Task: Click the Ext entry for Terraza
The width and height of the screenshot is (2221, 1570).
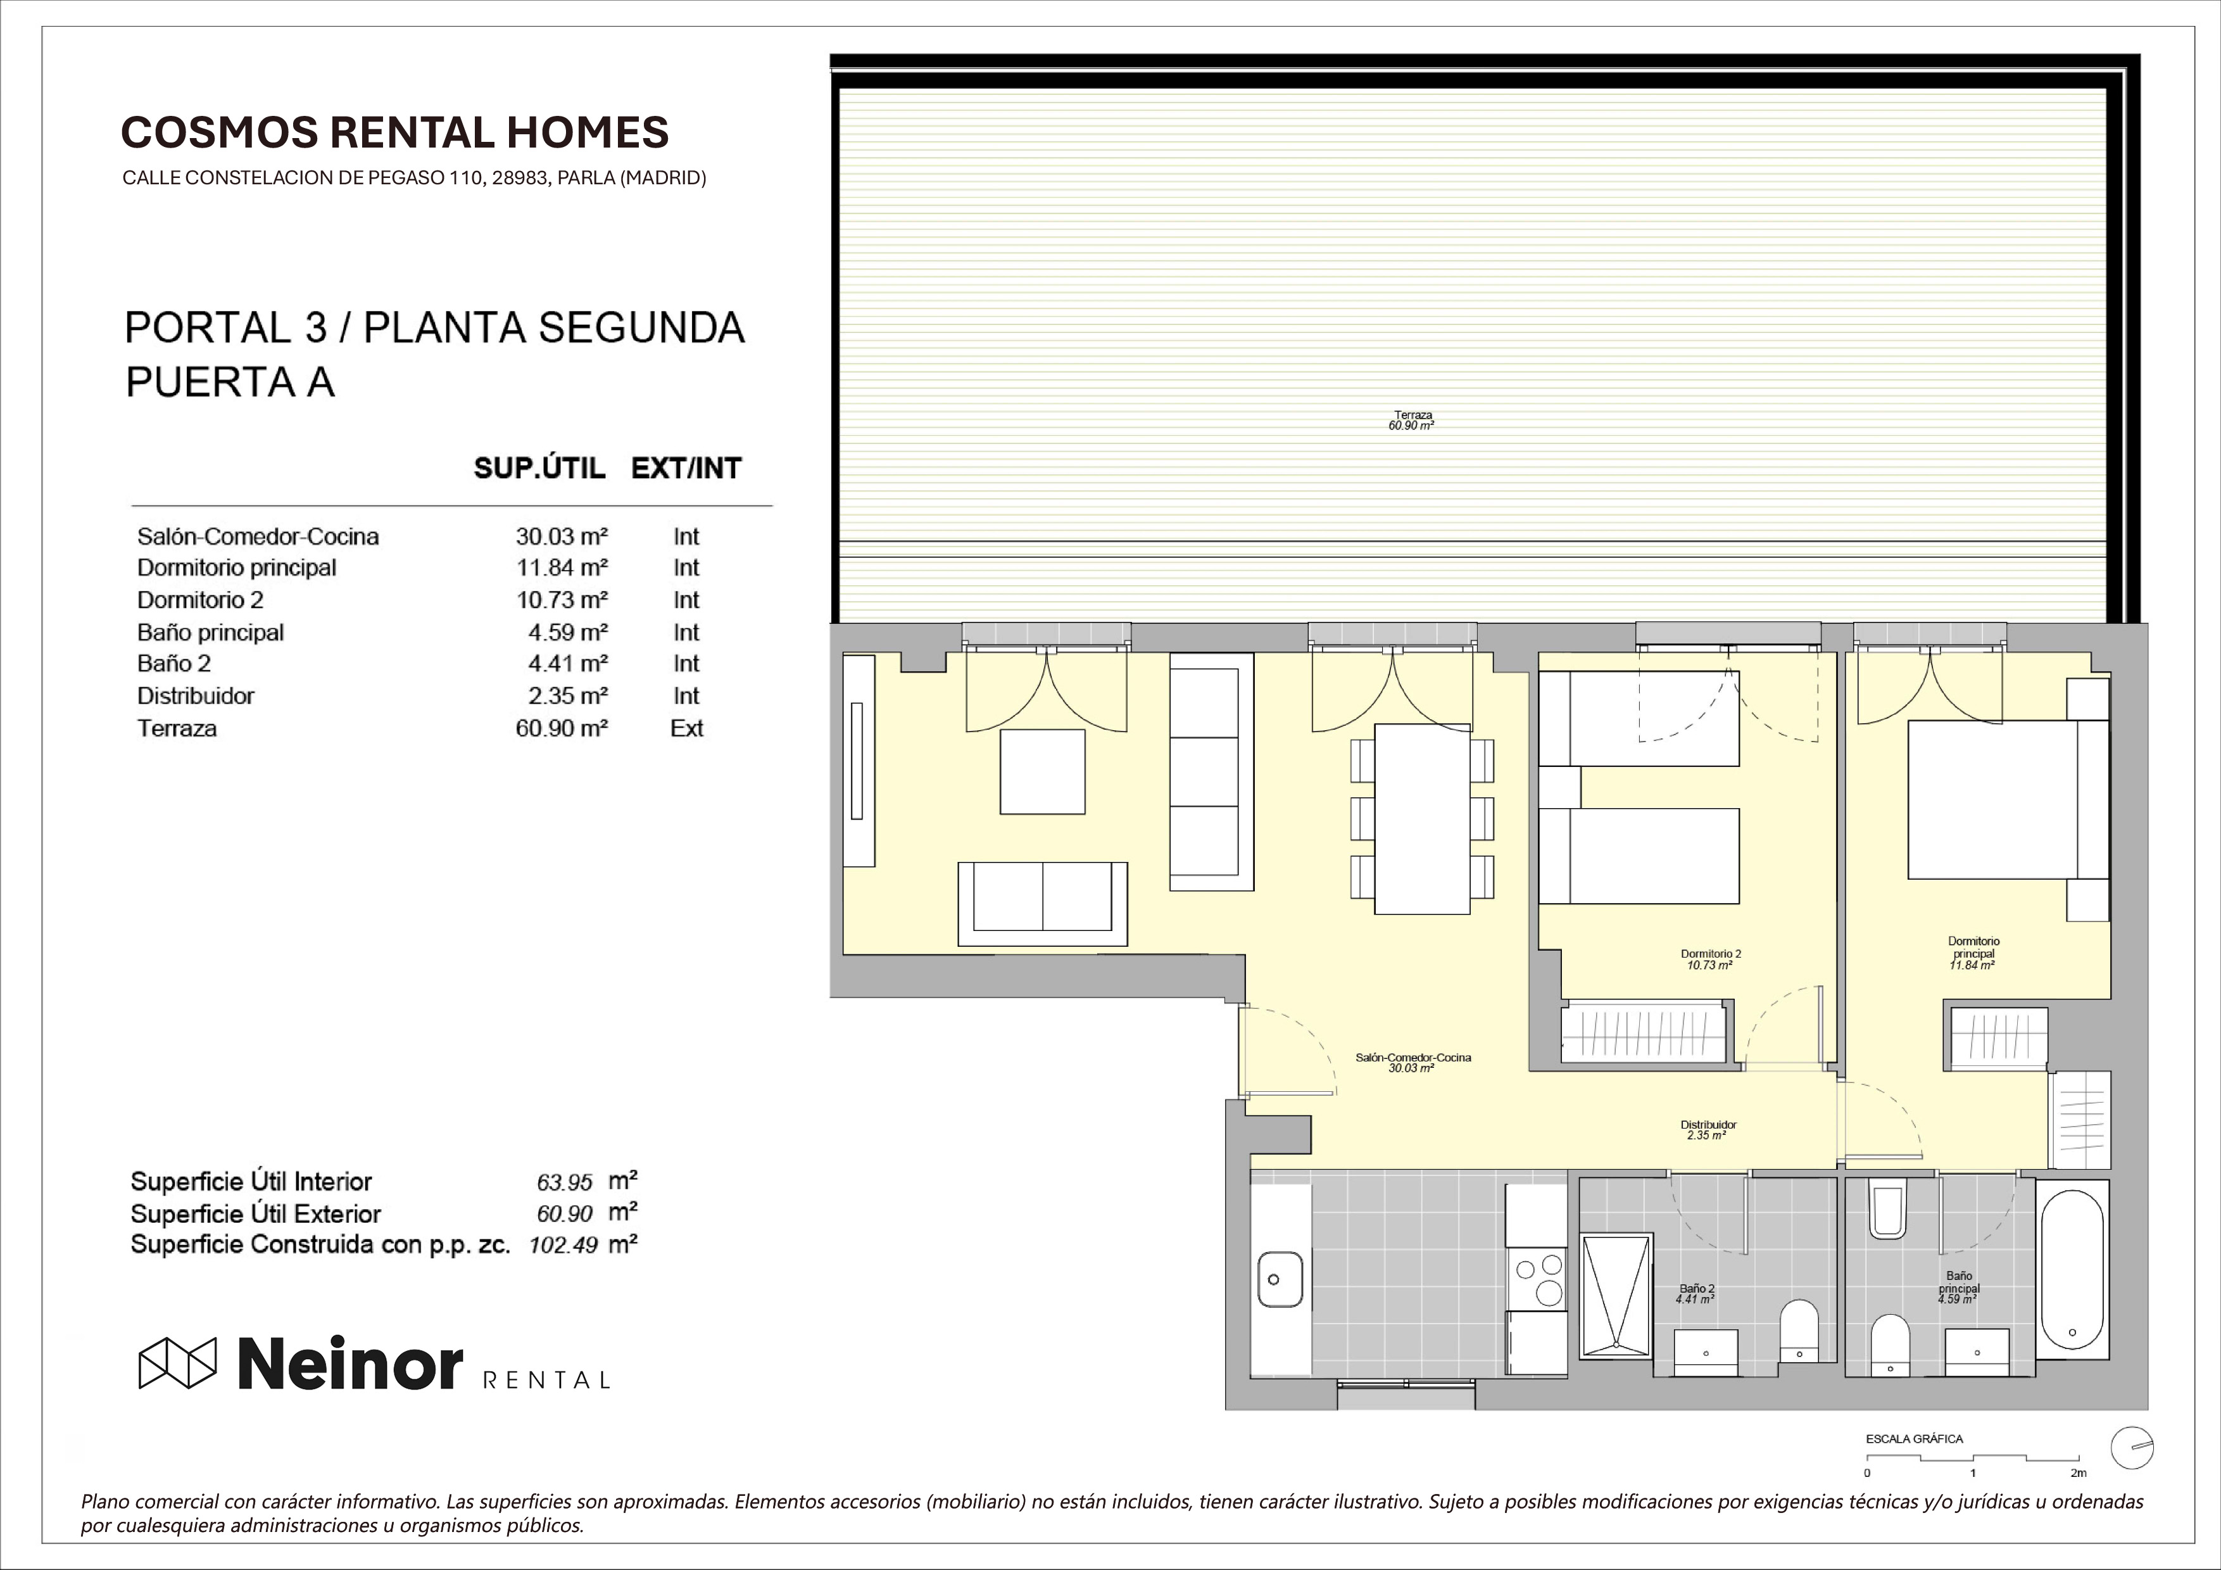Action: tap(687, 728)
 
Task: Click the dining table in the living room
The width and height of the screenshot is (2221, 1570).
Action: tap(1422, 818)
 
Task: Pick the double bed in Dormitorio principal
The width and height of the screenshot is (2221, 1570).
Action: tap(2006, 800)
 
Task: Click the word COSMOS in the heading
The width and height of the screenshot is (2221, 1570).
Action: tap(220, 132)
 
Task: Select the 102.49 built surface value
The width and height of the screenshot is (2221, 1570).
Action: tap(563, 1246)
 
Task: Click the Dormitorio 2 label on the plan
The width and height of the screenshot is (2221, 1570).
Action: tap(1710, 954)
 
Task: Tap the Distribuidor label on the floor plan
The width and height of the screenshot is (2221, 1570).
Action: tap(1708, 1125)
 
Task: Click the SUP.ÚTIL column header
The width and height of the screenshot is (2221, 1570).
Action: tap(539, 468)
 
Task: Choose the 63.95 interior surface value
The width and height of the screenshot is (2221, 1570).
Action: tap(564, 1182)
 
